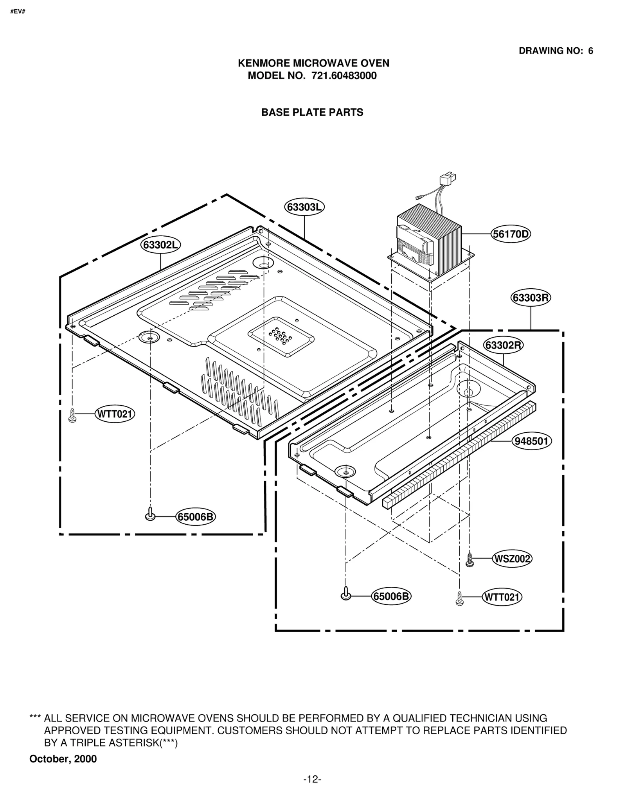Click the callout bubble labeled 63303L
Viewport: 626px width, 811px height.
(x=304, y=207)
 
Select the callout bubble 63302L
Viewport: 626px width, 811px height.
(x=160, y=245)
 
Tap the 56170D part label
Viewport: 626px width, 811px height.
(x=511, y=234)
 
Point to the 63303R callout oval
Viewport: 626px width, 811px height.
(x=531, y=298)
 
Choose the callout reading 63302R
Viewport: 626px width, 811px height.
(x=503, y=345)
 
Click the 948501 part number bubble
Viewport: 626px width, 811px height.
(x=531, y=441)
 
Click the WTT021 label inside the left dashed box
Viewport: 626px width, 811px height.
(x=115, y=414)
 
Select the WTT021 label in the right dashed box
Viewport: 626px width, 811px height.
(x=502, y=597)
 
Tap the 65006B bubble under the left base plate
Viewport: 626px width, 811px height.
(x=196, y=517)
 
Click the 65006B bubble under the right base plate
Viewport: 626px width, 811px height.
(x=391, y=596)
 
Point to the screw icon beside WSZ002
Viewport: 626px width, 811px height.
(x=469, y=559)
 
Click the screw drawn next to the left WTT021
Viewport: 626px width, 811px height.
(x=72, y=415)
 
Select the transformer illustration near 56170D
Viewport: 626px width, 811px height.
(x=430, y=245)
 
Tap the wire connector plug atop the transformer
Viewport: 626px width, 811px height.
(x=447, y=180)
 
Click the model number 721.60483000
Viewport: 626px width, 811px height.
(x=344, y=76)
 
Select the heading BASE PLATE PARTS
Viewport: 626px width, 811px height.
(x=312, y=112)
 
